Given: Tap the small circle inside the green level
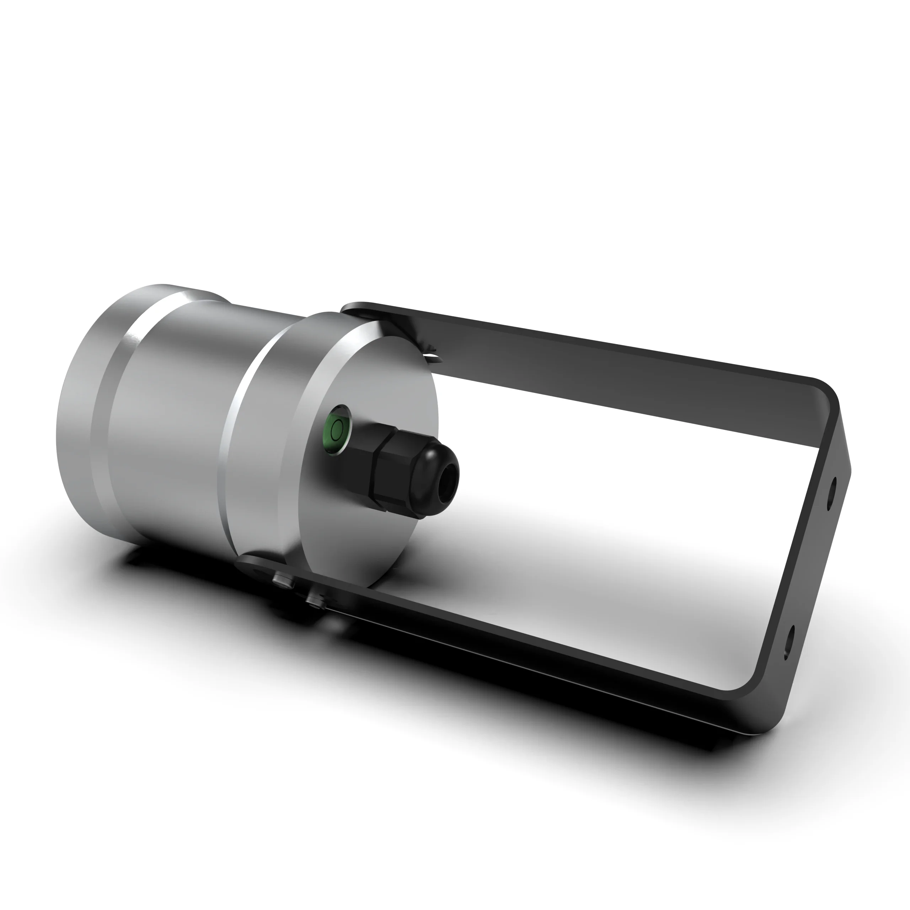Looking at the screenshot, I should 336,429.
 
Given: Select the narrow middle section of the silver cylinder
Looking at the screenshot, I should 174,424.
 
